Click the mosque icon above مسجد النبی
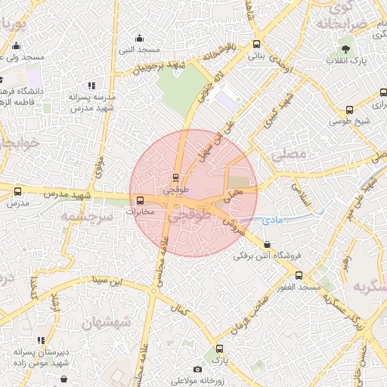(x=139, y=38)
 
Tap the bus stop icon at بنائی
(x=256, y=44)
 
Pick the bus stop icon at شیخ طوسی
(x=349, y=110)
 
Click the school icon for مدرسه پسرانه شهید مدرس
(x=92, y=86)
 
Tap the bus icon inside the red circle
(x=175, y=178)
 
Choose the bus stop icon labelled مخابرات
(x=140, y=200)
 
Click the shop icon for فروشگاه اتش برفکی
(x=267, y=244)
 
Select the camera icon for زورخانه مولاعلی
(x=197, y=369)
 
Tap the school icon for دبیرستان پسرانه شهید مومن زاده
(x=40, y=341)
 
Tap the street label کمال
(x=180, y=310)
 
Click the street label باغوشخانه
(x=223, y=53)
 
